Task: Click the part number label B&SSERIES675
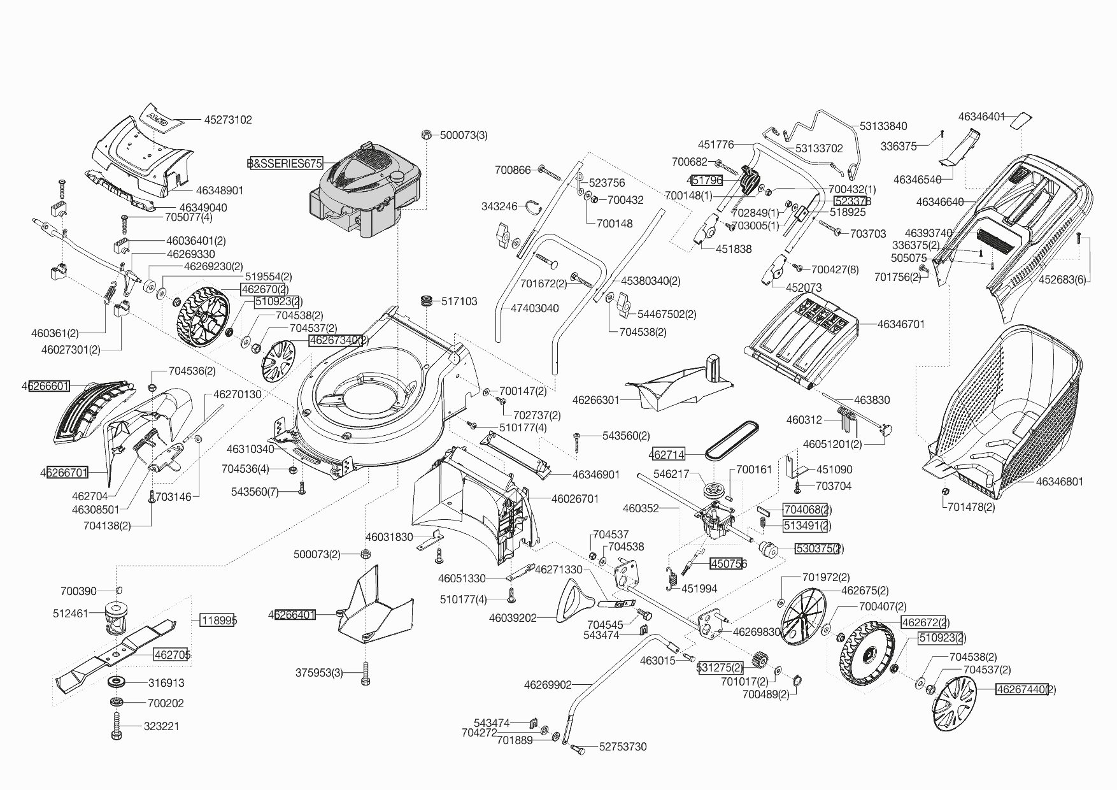[285, 163]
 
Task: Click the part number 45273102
[228, 120]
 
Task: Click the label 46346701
[900, 324]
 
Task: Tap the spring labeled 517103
[426, 301]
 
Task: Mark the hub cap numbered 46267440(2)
[953, 705]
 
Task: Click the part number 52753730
[623, 747]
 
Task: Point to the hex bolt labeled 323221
[117, 726]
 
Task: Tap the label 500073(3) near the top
[464, 135]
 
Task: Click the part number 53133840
[883, 126]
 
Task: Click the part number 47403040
[535, 308]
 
